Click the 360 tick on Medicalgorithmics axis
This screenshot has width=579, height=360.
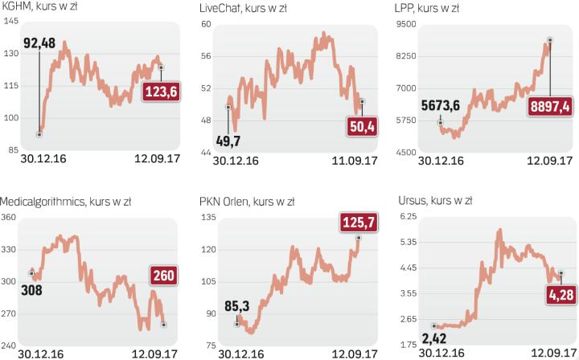tap(10, 218)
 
